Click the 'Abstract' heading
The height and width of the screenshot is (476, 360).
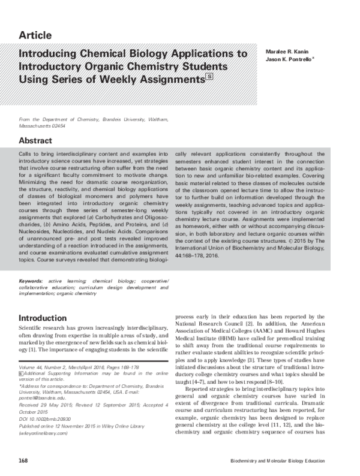38,140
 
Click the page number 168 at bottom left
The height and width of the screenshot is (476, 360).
24,460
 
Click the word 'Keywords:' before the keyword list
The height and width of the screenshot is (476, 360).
31,280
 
